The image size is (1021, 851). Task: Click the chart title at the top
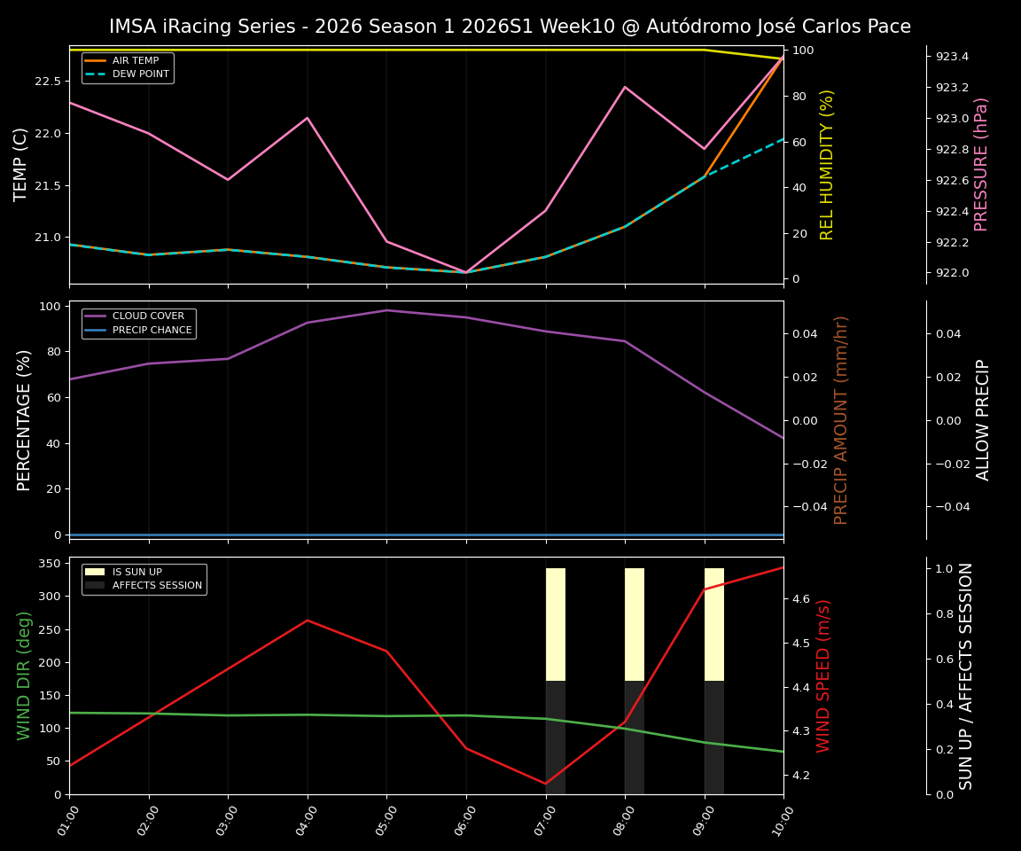(510, 27)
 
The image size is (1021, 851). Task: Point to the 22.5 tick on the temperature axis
(46, 82)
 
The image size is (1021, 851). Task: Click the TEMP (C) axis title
(21, 164)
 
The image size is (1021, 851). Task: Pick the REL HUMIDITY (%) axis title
(827, 164)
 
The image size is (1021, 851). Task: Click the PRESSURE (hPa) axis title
(981, 164)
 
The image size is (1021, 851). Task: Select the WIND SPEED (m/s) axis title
(824, 675)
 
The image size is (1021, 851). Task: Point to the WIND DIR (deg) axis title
(24, 675)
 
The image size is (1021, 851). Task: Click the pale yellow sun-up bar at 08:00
(635, 624)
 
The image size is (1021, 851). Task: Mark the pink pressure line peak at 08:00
(625, 87)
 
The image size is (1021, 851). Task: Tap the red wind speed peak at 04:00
(308, 621)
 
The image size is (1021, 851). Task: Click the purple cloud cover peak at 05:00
(386, 310)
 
